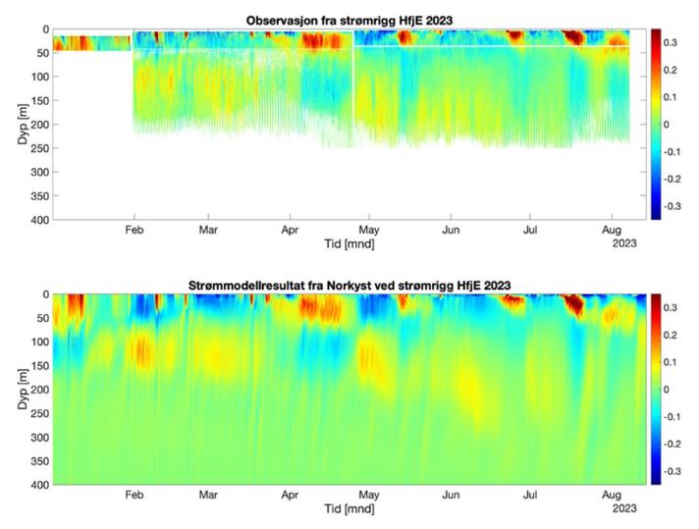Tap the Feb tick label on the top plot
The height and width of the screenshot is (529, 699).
(134, 232)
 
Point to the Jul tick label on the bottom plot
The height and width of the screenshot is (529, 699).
(530, 497)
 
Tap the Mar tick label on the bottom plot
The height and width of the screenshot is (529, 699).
(208, 497)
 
